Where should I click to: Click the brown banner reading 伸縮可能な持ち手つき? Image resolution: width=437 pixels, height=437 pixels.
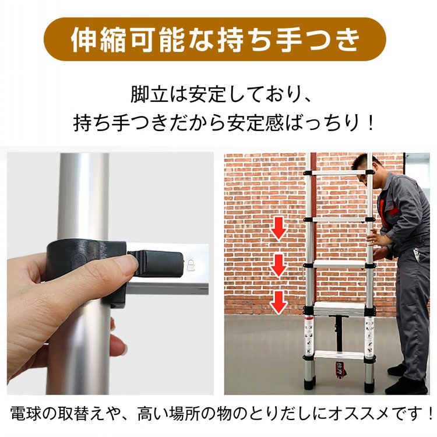(214, 39)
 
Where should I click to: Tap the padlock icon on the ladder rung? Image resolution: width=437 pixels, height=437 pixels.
(191, 265)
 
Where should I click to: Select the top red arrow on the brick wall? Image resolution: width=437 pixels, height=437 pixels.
(279, 228)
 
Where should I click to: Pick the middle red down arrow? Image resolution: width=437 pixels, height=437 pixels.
(279, 266)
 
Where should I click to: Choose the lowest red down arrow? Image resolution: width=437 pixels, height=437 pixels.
(279, 302)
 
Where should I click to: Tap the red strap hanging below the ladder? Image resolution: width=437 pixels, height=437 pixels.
(340, 370)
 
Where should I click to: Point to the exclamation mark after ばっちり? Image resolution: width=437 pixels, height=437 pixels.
(370, 122)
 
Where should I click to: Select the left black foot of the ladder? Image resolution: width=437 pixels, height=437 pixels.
(309, 383)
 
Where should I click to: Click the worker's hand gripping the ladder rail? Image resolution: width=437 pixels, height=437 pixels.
(375, 238)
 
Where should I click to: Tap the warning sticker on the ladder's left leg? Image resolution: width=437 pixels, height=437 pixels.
(309, 337)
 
